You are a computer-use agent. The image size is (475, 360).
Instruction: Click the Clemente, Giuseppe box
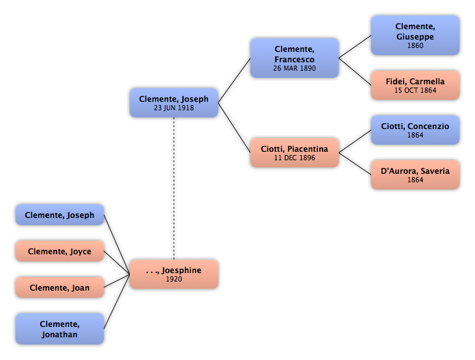[x=415, y=36]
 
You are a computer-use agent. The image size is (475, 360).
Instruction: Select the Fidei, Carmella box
[x=415, y=85]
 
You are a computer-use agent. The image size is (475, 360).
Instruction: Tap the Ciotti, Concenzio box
[x=415, y=130]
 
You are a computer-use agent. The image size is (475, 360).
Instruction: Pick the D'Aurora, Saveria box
[x=415, y=174]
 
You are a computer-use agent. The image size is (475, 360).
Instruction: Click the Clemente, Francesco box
[x=295, y=58]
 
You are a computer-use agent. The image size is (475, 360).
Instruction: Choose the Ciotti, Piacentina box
[x=295, y=152]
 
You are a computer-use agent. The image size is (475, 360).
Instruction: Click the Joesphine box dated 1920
[x=174, y=274]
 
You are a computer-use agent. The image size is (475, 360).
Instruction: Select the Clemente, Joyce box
[x=60, y=251]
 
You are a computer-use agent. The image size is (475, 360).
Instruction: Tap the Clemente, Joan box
[x=60, y=287]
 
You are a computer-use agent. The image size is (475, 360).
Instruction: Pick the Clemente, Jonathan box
[x=60, y=329]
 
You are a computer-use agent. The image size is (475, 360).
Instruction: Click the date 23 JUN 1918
[x=174, y=108]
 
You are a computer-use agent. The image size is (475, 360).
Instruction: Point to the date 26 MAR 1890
[x=295, y=68]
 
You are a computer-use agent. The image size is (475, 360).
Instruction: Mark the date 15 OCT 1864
[x=415, y=90]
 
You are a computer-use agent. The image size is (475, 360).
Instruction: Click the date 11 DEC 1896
[x=295, y=158]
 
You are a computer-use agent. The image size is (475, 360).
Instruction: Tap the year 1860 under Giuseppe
[x=415, y=45]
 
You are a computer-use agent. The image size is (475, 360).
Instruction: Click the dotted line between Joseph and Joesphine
[x=174, y=188]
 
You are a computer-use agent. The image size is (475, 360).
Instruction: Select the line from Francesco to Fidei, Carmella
[x=355, y=71]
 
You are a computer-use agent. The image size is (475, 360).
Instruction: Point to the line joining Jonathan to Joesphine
[x=117, y=302]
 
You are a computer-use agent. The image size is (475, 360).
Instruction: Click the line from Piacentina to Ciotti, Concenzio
[x=355, y=141]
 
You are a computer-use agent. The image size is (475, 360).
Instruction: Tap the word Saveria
[x=435, y=171]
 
